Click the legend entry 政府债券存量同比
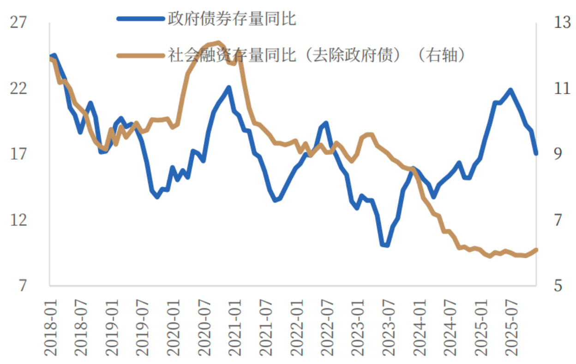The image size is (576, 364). coord(232,19)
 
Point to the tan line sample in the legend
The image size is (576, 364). coord(141,55)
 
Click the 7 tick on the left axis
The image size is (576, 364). coord(22,286)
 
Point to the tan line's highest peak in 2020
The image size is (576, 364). coord(218,42)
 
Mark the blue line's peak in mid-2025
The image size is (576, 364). coord(510,90)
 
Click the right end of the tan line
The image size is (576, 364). coord(536,250)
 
